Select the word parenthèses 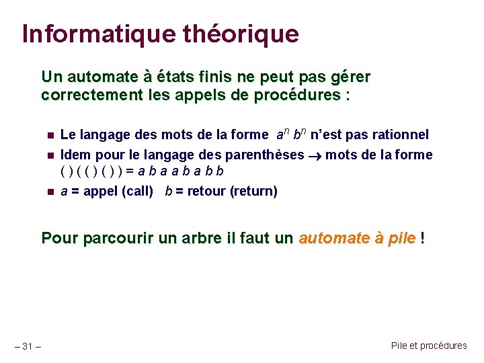[265, 155]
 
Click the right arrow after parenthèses [315, 155]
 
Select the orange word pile [401, 238]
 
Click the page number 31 [28, 346]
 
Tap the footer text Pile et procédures [428, 346]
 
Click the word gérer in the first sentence [350, 77]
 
